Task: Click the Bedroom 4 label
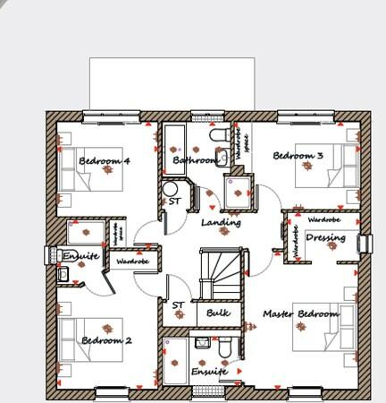[105, 161]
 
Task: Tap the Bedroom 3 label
[298, 156]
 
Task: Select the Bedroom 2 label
[106, 341]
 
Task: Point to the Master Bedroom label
[301, 314]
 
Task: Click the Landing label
[221, 222]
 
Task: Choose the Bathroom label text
[195, 161]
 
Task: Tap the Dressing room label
[325, 238]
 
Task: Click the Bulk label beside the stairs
[218, 313]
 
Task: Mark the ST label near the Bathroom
[173, 202]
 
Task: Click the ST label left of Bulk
[178, 305]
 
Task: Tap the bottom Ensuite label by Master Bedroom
[209, 370]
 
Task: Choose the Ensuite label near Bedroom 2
[80, 256]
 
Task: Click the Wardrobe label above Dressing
[323, 219]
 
